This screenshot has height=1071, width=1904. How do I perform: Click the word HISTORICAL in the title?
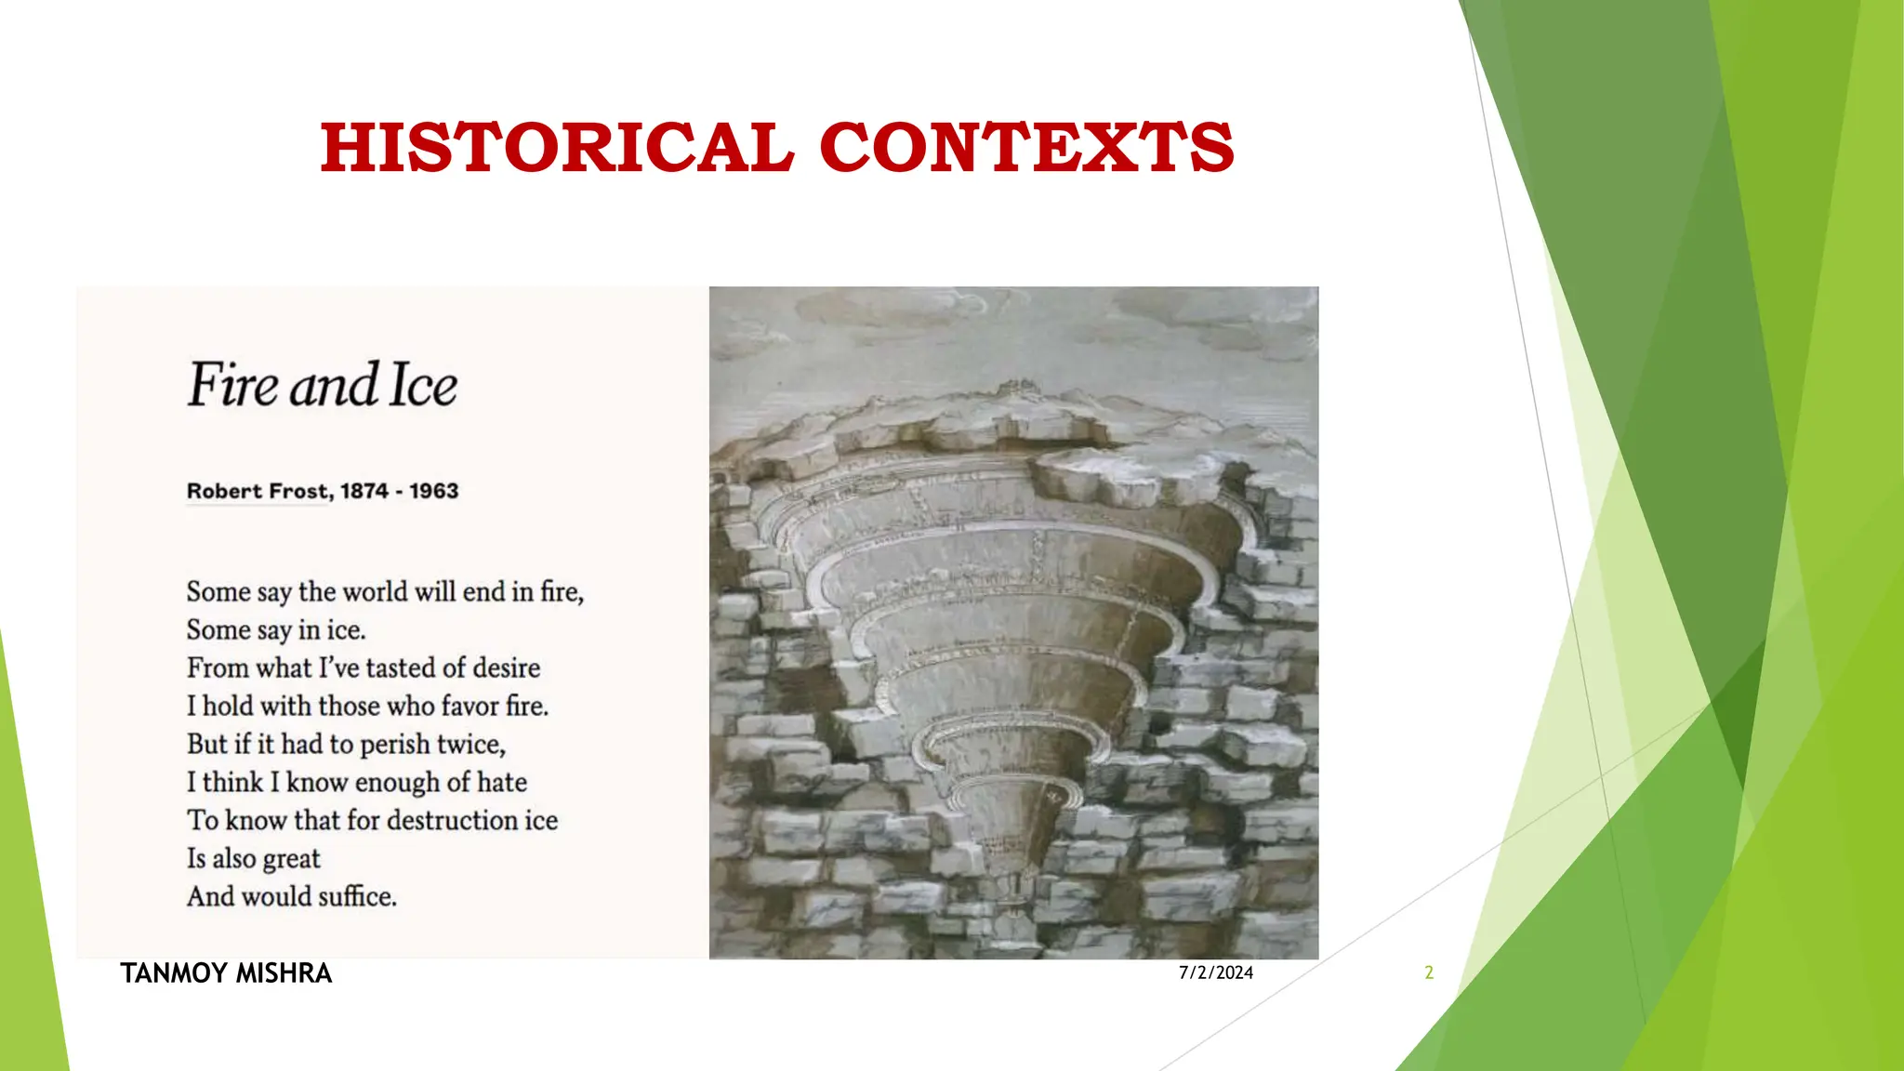click(556, 148)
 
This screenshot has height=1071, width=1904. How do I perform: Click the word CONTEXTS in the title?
click(1026, 148)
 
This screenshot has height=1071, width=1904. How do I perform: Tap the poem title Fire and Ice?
click(323, 385)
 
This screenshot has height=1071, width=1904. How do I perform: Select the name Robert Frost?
click(258, 491)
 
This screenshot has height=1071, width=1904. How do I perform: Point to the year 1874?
click(364, 491)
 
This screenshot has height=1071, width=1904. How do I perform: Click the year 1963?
click(434, 491)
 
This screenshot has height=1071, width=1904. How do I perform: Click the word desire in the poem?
click(506, 668)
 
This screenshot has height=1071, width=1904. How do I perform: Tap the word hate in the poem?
click(502, 782)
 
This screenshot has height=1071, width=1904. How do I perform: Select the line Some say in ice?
click(276, 629)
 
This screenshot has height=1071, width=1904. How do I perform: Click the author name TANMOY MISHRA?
click(226, 972)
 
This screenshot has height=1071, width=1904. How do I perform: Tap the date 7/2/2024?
click(1216, 972)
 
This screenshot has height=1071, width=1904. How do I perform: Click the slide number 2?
click(1429, 972)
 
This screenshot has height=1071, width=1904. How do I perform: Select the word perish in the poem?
click(395, 745)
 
